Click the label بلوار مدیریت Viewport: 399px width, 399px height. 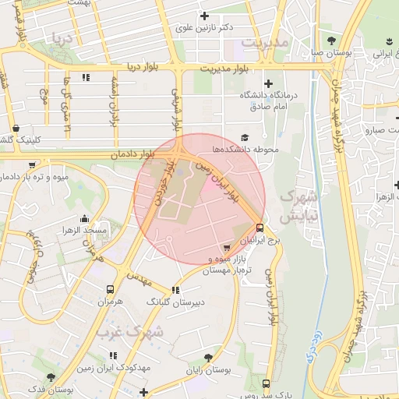coord(226,69)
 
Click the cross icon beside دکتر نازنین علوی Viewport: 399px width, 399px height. coord(205,16)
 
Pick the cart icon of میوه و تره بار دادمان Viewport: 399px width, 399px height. coord(32,165)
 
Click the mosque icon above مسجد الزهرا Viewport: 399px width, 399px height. coord(84,219)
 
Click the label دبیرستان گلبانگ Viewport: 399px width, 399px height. coord(176,300)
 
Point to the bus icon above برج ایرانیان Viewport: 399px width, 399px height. coord(260,228)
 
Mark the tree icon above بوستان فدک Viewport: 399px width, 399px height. coord(51,377)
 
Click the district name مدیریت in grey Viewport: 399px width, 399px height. coord(265,41)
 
